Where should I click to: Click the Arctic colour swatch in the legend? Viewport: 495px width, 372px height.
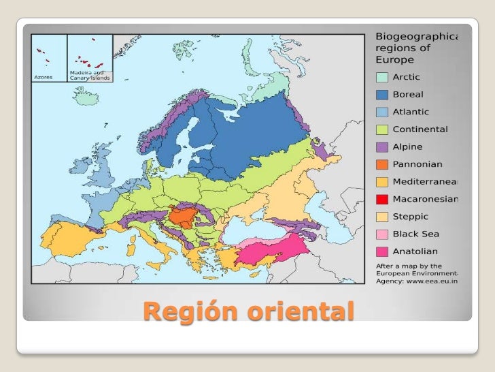[x=382, y=77]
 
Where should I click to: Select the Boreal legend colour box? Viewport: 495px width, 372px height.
[x=382, y=95]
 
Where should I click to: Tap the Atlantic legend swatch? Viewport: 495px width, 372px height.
[x=382, y=112]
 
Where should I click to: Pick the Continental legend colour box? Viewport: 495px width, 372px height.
[x=382, y=129]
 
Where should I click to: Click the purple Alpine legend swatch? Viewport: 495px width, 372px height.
[x=382, y=147]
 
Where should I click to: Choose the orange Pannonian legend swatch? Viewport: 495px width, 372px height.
[x=382, y=164]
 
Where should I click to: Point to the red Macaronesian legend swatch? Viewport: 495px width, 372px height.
[x=382, y=200]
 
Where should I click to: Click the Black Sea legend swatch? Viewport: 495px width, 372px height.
[x=382, y=234]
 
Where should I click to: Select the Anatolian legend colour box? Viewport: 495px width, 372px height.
[x=382, y=252]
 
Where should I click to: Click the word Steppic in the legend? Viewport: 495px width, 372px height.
[x=411, y=217]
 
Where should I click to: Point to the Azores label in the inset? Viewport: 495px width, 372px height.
[x=44, y=77]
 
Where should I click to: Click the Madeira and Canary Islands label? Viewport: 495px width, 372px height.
[x=89, y=75]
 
